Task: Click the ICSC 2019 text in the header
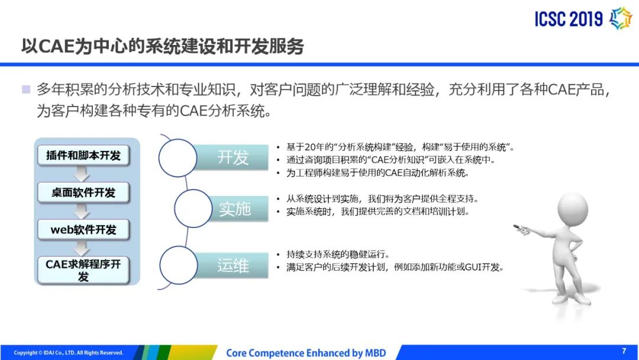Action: (569, 19)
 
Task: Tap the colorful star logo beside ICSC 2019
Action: (620, 18)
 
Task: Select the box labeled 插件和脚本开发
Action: (83, 155)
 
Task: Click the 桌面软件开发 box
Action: (83, 192)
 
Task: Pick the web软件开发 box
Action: (83, 230)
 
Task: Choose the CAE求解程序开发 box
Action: (83, 270)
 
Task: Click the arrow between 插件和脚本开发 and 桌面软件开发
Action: (82, 174)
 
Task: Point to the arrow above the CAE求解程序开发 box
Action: (82, 248)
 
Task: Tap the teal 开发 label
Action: (233, 157)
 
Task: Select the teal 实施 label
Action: (235, 209)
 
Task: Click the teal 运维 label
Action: (233, 265)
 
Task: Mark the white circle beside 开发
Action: (177, 157)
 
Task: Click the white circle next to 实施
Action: (193, 208)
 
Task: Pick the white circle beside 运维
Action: (179, 265)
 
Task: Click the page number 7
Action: (624, 351)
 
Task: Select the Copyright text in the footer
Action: (69, 353)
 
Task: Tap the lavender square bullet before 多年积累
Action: (26, 89)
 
